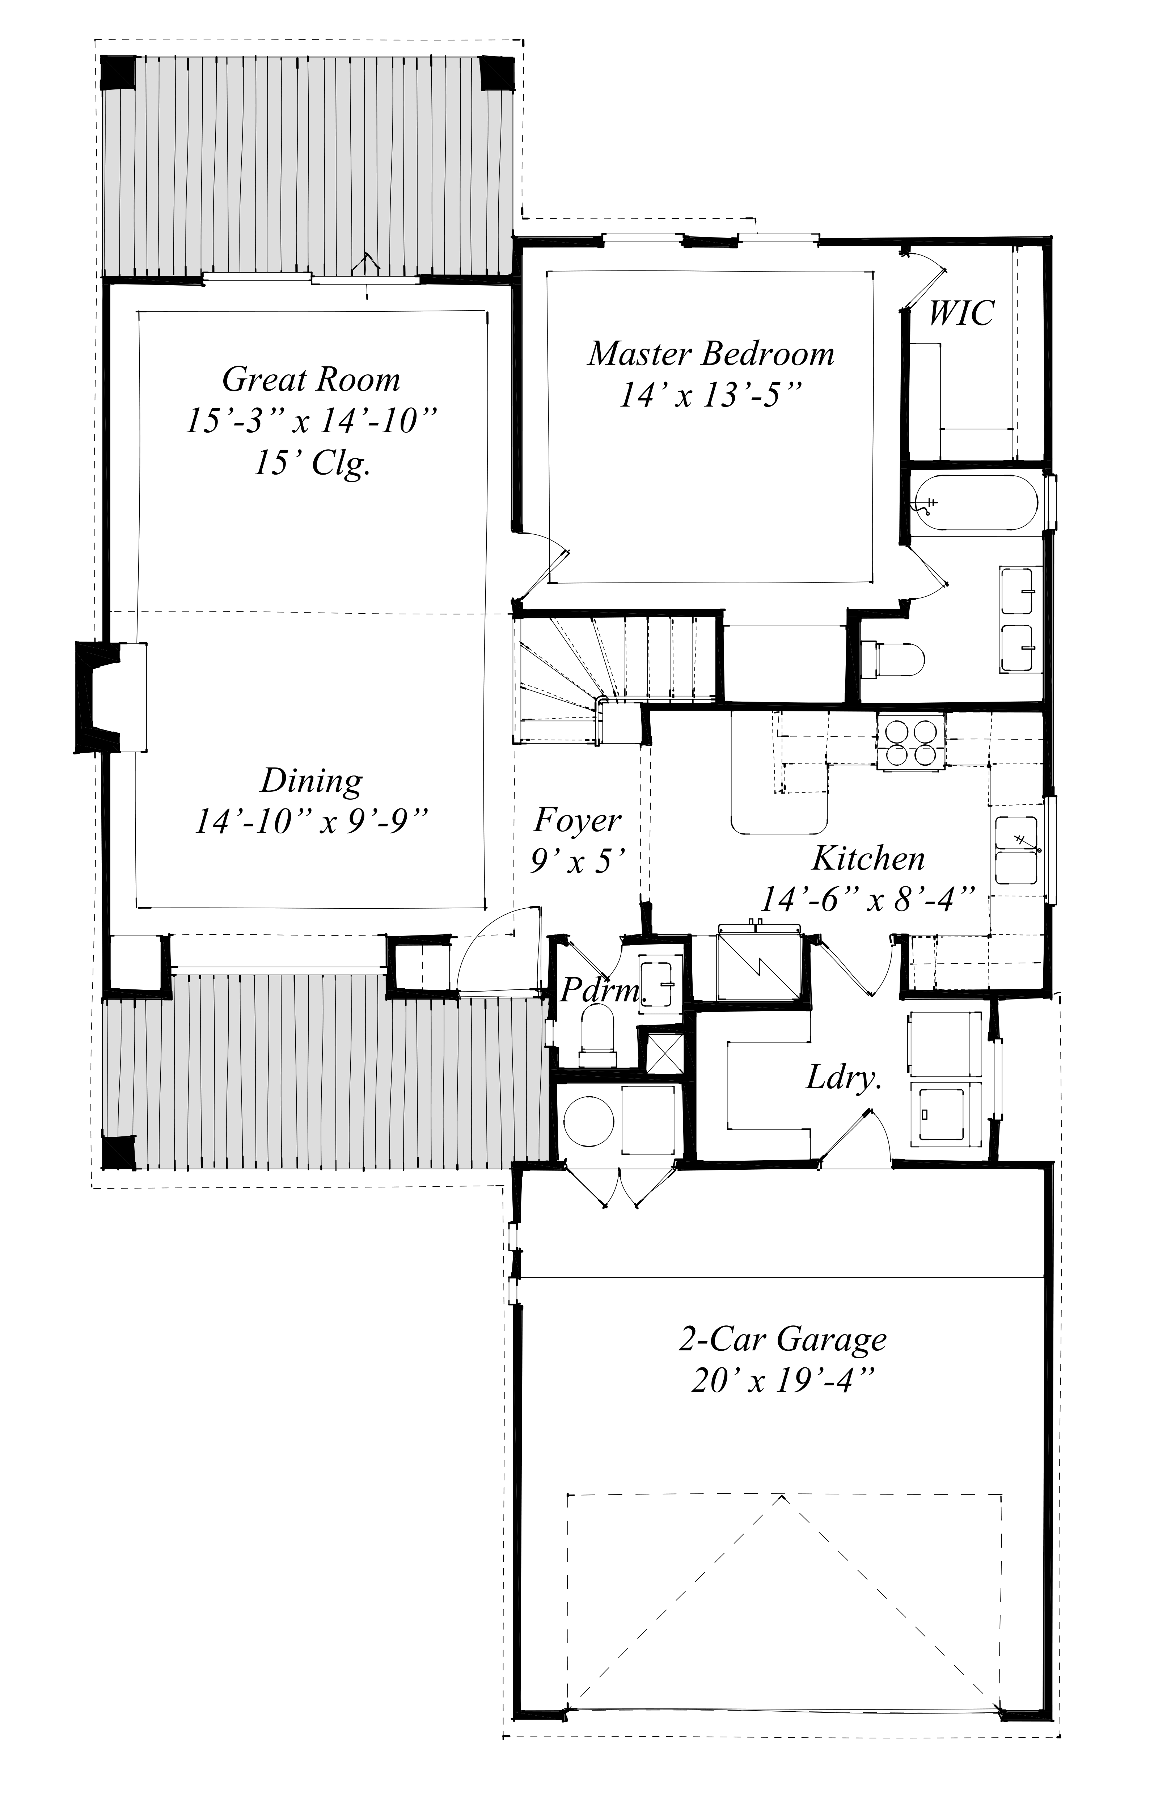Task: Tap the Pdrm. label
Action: pos(600,992)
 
